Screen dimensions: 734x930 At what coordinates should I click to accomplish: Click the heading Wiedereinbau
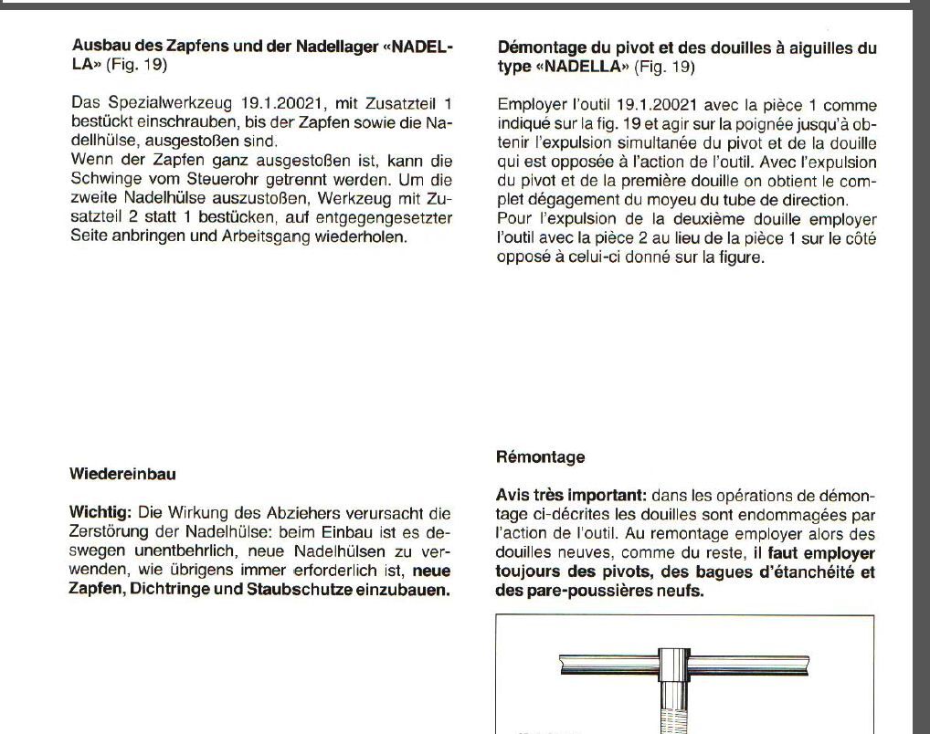pyautogui.click(x=122, y=474)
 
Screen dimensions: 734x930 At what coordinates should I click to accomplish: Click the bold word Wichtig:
pyautogui.click(x=100, y=512)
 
